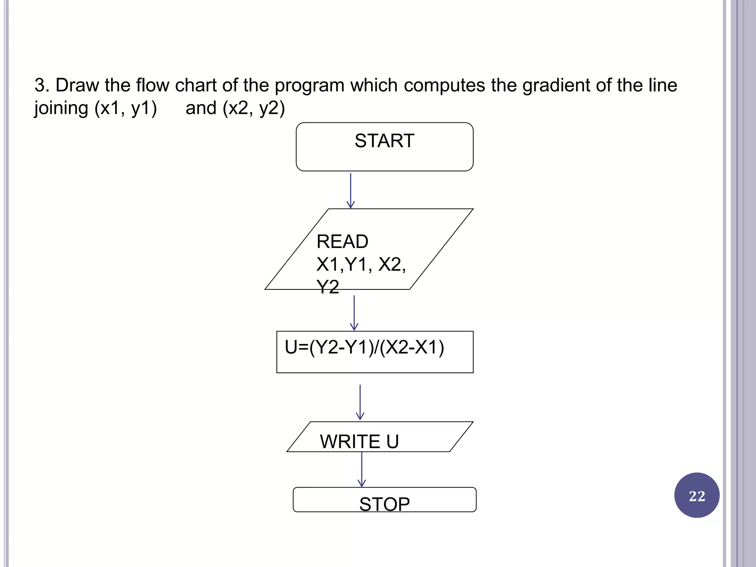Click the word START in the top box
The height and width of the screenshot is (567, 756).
point(384,141)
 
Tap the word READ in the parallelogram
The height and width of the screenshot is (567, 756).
point(342,242)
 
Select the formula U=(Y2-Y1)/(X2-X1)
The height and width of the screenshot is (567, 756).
point(364,347)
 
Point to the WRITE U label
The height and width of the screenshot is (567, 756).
point(359,441)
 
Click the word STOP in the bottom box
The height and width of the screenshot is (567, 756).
point(384,504)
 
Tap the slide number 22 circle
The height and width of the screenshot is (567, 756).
point(697,495)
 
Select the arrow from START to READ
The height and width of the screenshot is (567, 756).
point(351,190)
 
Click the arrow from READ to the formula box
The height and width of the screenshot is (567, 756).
point(354,313)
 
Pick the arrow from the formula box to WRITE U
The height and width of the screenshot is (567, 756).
point(360,402)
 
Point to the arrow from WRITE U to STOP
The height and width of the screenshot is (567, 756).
point(362,469)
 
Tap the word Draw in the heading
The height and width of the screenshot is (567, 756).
point(77,86)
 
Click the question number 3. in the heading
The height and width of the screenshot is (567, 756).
point(42,86)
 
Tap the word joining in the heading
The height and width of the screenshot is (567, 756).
point(61,109)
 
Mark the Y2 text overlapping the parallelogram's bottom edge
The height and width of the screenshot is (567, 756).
point(327,287)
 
